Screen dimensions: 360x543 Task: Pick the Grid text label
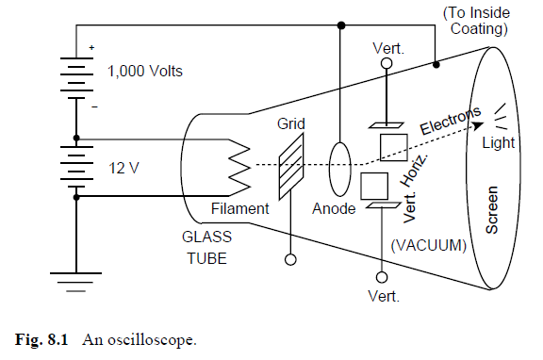tap(289, 123)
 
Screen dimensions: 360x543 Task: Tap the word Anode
tap(335, 208)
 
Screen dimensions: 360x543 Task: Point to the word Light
tap(499, 141)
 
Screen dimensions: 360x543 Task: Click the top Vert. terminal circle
tap(386, 64)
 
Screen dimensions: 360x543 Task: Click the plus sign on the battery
tap(92, 46)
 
